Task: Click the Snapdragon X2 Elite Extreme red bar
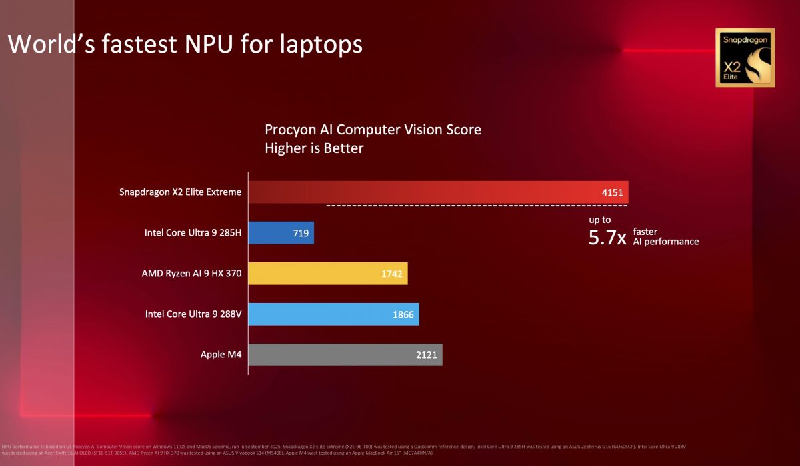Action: click(x=438, y=192)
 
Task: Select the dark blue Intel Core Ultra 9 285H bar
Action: click(x=281, y=233)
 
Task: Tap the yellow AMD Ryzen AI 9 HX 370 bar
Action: click(x=328, y=274)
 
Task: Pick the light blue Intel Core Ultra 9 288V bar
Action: click(x=333, y=314)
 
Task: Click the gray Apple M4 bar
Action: click(x=345, y=355)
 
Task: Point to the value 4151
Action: click(x=611, y=193)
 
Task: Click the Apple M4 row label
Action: click(x=221, y=355)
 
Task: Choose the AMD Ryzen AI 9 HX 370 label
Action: click(x=191, y=274)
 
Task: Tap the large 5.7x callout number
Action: click(x=607, y=238)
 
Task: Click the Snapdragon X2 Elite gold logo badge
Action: click(x=745, y=58)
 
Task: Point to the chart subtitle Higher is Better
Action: click(x=314, y=148)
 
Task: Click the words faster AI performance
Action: click(x=665, y=236)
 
